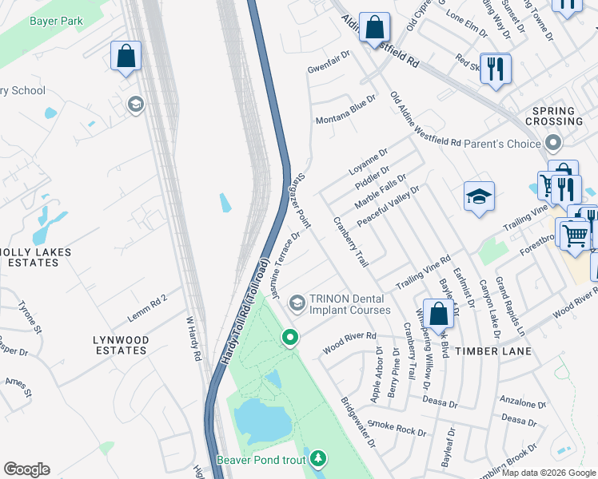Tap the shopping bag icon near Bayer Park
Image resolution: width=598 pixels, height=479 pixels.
(126, 56)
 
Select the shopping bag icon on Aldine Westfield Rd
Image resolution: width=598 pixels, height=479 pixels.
(374, 28)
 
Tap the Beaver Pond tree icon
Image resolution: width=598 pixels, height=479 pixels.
(318, 458)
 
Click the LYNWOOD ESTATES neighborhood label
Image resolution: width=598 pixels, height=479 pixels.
(121, 345)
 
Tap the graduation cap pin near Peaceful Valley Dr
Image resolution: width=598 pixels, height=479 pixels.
(478, 197)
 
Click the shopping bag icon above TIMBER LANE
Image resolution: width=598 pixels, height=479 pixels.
(438, 314)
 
